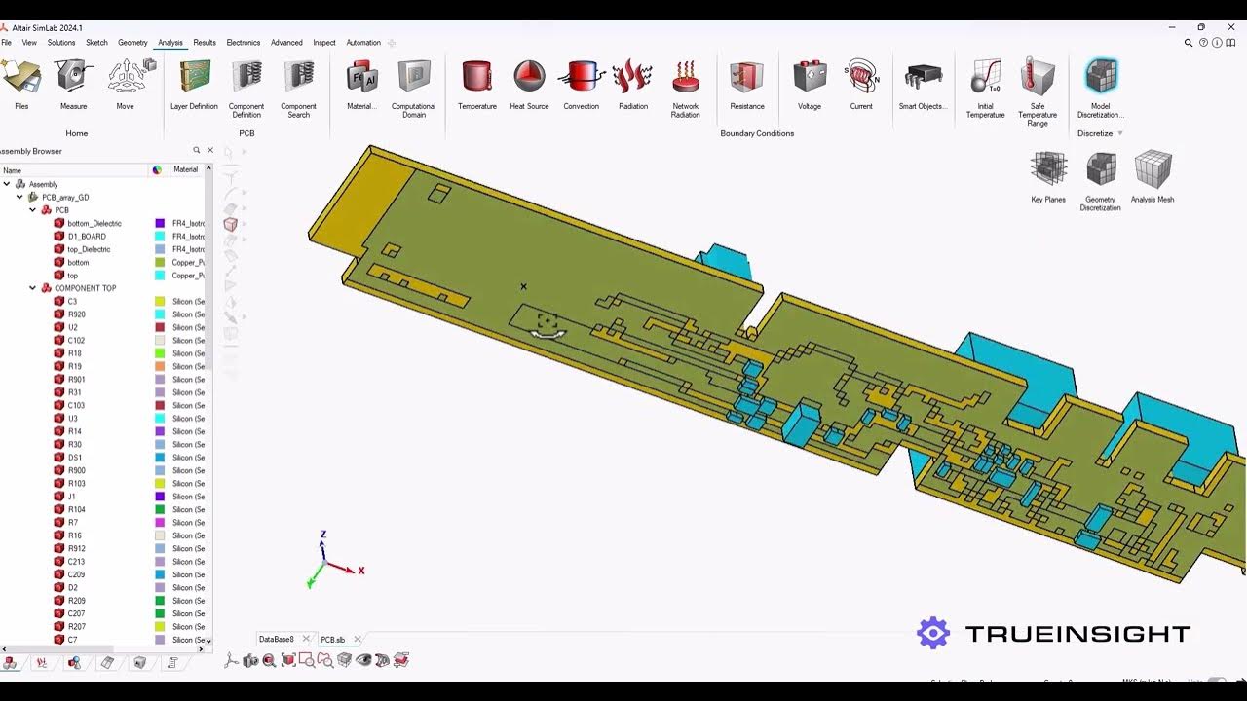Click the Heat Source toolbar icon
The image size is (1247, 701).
529,77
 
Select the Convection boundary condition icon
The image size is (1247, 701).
582,77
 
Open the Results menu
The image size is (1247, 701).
205,43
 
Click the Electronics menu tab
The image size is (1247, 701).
244,43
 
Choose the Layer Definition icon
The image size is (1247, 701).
195,77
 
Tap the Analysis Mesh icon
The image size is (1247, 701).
1153,169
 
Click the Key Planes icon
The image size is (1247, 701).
1048,169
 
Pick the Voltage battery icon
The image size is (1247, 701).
810,77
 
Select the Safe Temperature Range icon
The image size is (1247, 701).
1038,77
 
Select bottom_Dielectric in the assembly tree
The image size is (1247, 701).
94,224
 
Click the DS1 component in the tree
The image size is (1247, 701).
75,458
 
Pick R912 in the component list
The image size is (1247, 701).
77,549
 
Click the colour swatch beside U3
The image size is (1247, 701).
160,419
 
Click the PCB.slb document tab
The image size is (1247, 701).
332,640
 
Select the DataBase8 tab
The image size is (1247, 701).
277,640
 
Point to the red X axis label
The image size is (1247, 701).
361,571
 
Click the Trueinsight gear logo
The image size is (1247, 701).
933,634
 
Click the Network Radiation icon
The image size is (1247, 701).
686,77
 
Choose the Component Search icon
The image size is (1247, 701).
298,77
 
